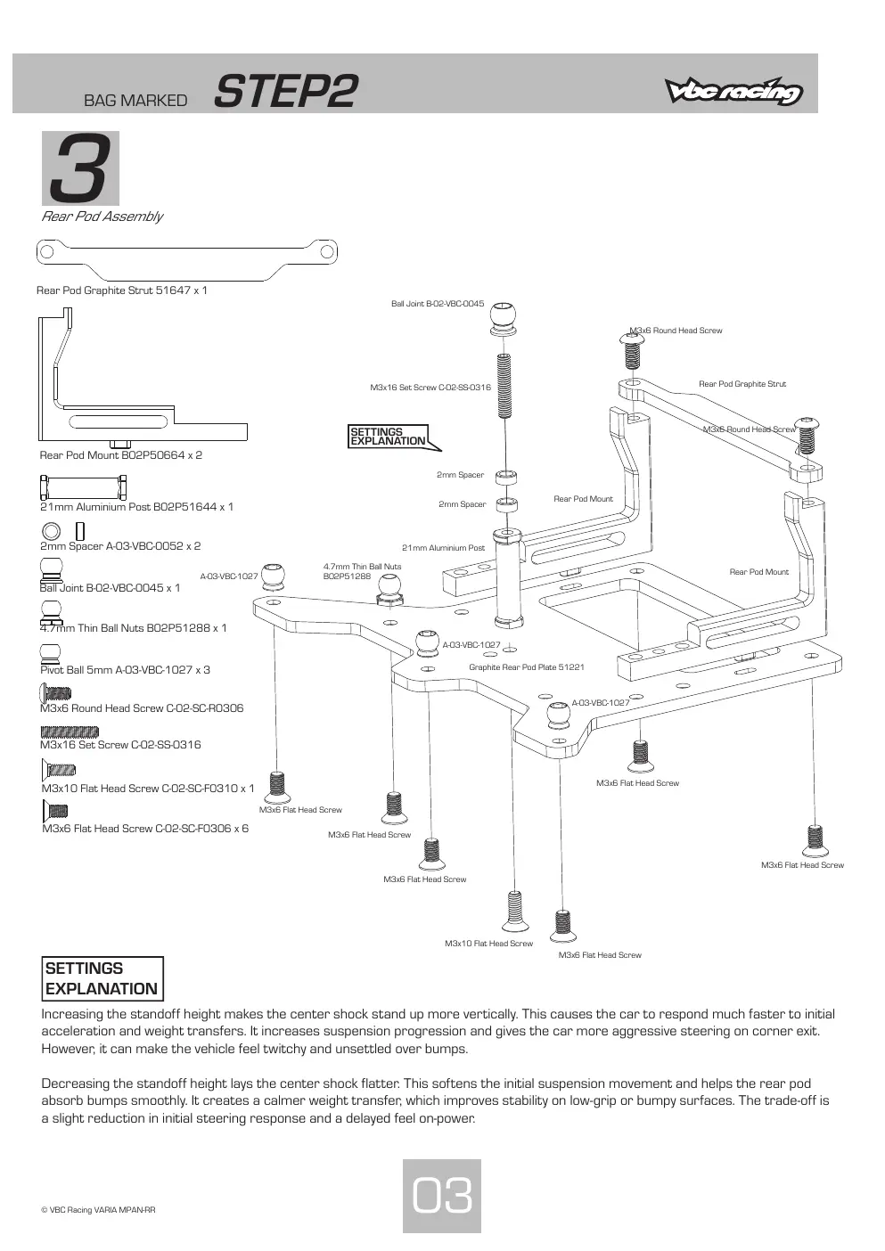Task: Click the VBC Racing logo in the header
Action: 733,91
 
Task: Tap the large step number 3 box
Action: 80,168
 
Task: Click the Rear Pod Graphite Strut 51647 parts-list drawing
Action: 186,259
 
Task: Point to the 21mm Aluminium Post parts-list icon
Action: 83,487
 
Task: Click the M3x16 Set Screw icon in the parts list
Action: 70,732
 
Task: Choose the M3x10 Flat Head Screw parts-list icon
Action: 59,770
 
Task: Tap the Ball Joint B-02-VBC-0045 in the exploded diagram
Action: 503,319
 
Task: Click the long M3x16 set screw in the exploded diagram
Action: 504,387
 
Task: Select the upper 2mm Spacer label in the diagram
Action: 461,475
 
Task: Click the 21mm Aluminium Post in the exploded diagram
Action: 508,578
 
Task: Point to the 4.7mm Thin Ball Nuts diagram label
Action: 362,571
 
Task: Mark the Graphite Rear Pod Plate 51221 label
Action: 527,666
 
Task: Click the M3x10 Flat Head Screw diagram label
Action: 489,944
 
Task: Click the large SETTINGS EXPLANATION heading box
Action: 102,978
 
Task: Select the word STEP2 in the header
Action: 285,91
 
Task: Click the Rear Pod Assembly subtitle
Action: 102,217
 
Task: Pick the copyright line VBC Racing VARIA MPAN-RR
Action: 98,1210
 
